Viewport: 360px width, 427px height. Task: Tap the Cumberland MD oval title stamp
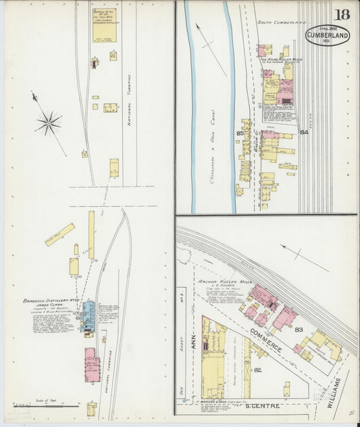328,34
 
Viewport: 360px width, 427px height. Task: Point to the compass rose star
49,122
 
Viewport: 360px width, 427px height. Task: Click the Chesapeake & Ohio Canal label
213,131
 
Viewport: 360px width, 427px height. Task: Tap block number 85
240,133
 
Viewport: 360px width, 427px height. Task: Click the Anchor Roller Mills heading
222,281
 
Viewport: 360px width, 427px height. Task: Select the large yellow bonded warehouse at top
105,26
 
